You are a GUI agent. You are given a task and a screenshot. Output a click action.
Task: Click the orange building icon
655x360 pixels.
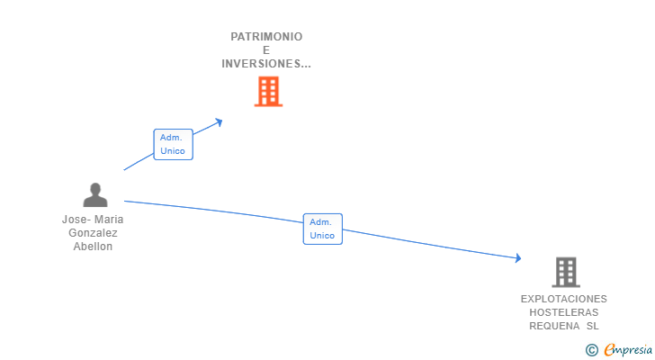pyautogui.click(x=268, y=92)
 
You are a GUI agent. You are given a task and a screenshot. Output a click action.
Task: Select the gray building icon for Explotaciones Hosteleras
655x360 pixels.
pyautogui.click(x=565, y=272)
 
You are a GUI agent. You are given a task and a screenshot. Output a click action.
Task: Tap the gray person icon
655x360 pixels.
pyautogui.click(x=94, y=194)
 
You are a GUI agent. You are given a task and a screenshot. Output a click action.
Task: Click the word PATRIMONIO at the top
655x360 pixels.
pyautogui.click(x=266, y=37)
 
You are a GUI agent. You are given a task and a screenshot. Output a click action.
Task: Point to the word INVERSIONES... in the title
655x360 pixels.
pyautogui.click(x=266, y=64)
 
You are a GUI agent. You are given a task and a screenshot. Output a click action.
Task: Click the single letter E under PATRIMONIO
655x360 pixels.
pyautogui.click(x=266, y=50)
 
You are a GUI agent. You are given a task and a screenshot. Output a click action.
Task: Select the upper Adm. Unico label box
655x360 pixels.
pyautogui.click(x=173, y=144)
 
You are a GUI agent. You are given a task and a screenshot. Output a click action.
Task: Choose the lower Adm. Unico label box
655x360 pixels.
pyautogui.click(x=322, y=229)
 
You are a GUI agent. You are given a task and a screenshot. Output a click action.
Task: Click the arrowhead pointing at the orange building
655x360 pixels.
pyautogui.click(x=218, y=121)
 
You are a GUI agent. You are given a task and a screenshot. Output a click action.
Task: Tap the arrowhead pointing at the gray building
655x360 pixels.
pyautogui.click(x=516, y=258)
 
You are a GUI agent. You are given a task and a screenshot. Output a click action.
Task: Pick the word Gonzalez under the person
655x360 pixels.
pyautogui.click(x=94, y=233)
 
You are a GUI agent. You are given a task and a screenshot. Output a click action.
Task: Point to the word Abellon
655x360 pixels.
pyautogui.click(x=94, y=247)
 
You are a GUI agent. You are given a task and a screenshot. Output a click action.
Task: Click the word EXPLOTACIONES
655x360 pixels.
pyautogui.click(x=564, y=299)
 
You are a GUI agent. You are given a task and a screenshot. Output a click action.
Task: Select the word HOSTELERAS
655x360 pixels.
pyautogui.click(x=564, y=312)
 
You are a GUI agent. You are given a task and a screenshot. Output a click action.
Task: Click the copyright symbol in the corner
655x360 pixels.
pyautogui.click(x=591, y=350)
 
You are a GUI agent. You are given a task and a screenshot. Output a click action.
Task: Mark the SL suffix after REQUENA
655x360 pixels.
pyautogui.click(x=592, y=326)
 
